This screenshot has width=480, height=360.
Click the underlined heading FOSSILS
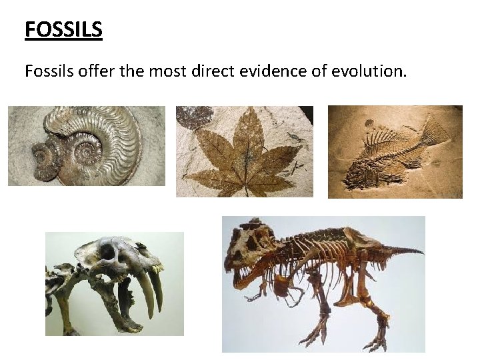coord(63,30)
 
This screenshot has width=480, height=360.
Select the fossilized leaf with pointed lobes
coord(240,157)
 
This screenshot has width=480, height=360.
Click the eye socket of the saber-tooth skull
coord(107,252)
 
